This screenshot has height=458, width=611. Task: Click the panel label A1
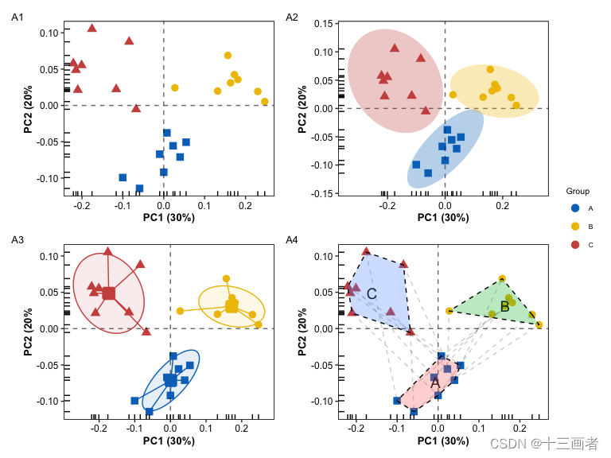[18, 17]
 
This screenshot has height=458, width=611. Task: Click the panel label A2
[292, 17]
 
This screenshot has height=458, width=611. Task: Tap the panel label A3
[18, 240]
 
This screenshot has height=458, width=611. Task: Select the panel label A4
[292, 240]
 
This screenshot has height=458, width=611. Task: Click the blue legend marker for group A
[576, 208]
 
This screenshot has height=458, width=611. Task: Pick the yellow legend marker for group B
[576, 227]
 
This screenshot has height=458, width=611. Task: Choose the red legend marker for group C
[576, 245]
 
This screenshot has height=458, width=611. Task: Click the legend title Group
[578, 192]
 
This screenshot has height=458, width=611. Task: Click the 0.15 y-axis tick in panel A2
[322, 24]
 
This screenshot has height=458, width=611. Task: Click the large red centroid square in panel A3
[109, 293]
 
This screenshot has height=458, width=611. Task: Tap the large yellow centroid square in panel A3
[232, 306]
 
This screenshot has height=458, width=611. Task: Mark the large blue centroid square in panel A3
[171, 380]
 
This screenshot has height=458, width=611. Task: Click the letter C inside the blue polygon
[372, 294]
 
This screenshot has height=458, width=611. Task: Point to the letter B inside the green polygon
[504, 307]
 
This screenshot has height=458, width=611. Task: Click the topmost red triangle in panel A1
[92, 28]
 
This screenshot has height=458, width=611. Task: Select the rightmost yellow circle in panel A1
[265, 101]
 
